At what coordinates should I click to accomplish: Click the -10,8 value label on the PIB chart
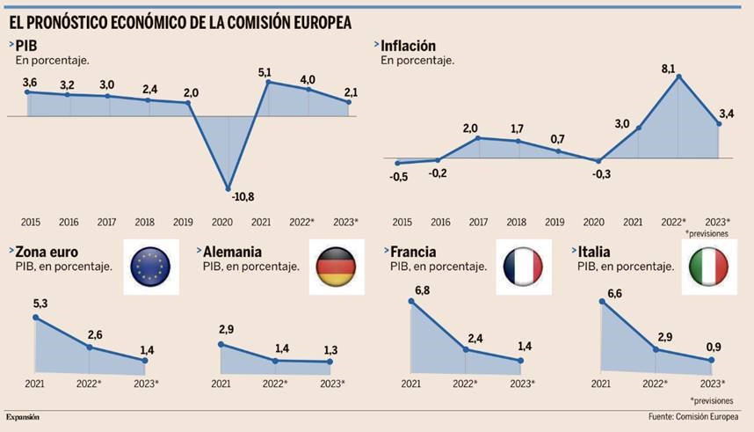coord(229,197)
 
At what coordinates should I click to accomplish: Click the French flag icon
coord(524,267)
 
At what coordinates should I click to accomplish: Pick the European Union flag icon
coord(150,267)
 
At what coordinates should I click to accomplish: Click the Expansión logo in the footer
coord(24,415)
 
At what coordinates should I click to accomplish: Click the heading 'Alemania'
coord(234,251)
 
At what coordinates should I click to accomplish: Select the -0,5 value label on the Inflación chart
coord(400,176)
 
